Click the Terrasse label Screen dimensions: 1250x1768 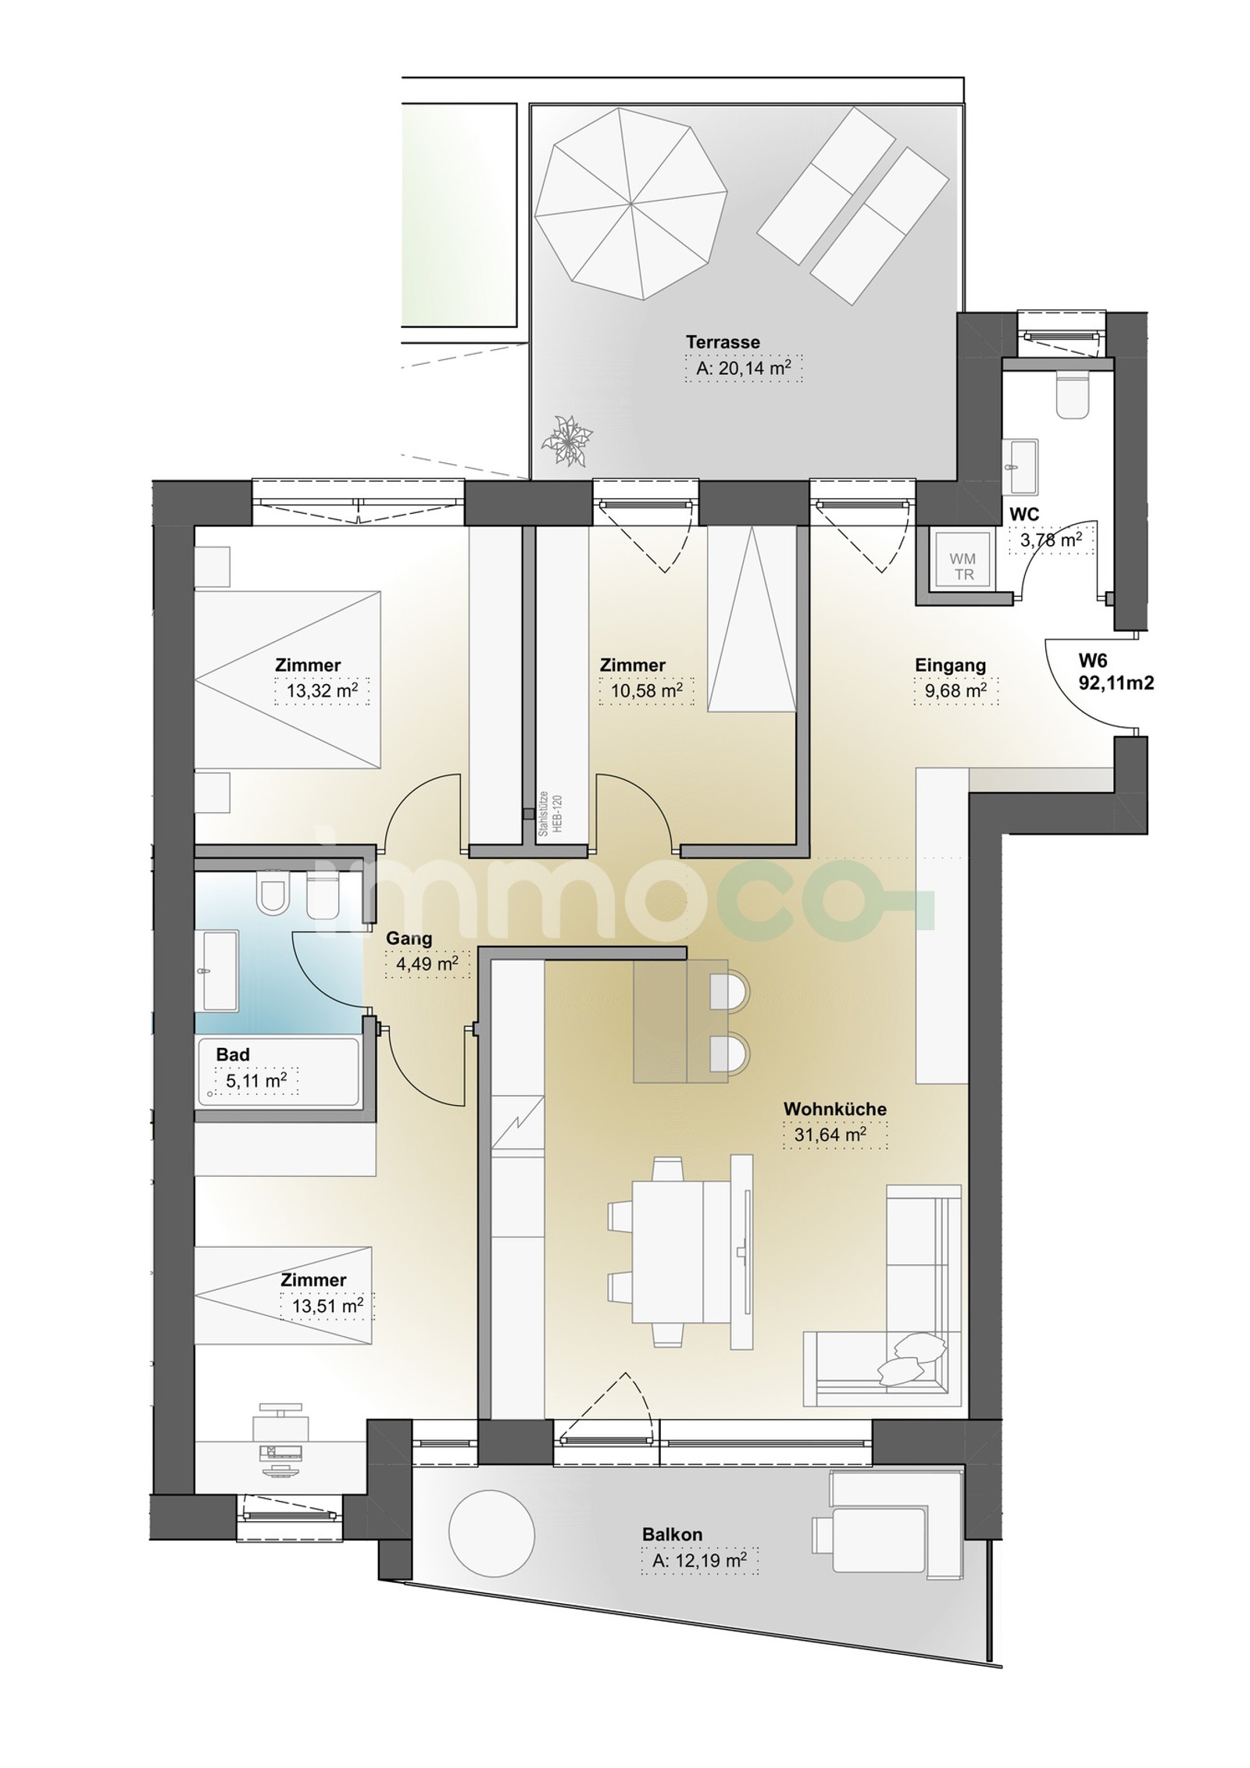point(723,342)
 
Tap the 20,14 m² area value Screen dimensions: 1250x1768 point(743,368)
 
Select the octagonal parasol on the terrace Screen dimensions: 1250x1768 point(635,203)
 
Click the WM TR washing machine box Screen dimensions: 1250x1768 point(961,566)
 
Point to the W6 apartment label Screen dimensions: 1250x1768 point(1116,672)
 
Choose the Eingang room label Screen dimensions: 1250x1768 point(950,665)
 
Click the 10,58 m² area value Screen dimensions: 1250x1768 point(646,691)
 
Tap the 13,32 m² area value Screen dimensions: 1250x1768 point(321,691)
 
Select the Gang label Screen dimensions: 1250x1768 point(409,939)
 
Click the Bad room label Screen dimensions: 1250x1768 point(233,1054)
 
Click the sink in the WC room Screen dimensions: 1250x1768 point(1020,465)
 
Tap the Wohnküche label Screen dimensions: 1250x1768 point(834,1109)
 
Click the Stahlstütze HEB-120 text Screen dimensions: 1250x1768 point(549,814)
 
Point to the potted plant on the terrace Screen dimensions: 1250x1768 point(568,441)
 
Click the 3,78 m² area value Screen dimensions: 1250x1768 point(1052,539)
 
